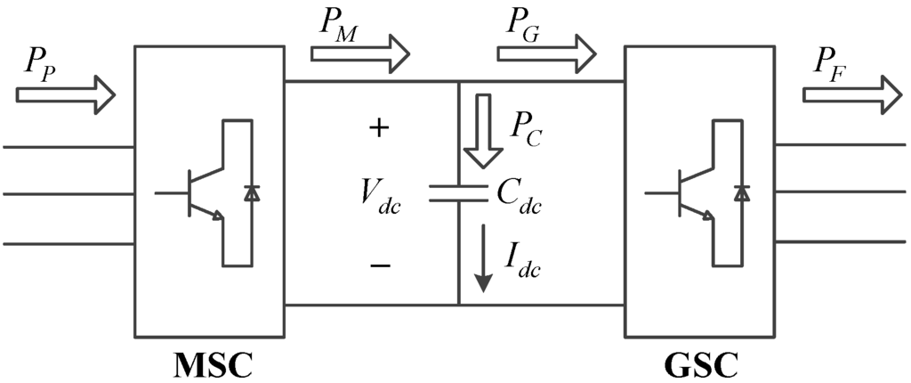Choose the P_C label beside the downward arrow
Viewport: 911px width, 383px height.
(x=527, y=132)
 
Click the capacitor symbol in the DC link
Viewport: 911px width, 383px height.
(x=458, y=193)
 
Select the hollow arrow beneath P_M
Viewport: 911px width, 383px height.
(x=359, y=55)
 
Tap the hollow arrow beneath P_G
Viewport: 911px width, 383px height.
(x=545, y=55)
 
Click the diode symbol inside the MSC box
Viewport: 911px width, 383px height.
(x=252, y=192)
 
